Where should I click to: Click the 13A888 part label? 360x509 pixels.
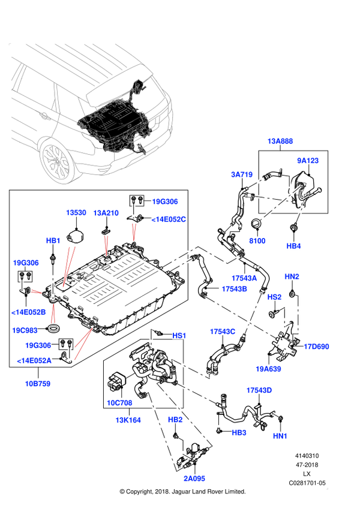[x=280, y=141]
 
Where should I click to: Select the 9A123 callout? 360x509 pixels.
[x=308, y=161]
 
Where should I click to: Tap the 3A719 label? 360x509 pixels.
[x=242, y=174]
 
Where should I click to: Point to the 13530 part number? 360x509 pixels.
[x=77, y=213]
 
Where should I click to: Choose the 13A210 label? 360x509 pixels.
[x=106, y=213]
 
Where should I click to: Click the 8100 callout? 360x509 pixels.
[x=257, y=241]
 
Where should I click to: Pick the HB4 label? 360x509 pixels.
[x=293, y=246]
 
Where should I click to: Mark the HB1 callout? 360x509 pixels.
[x=53, y=241]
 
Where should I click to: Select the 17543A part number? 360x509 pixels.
[x=245, y=278]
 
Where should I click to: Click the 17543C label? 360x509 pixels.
[x=223, y=332]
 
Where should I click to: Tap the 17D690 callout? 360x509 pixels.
[x=316, y=347]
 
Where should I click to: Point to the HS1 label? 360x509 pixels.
[x=179, y=336]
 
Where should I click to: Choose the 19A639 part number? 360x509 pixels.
[x=268, y=369]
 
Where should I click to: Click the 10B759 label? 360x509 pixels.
[x=37, y=383]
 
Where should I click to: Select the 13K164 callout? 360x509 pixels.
[x=128, y=420]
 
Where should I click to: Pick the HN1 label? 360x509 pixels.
[x=280, y=436]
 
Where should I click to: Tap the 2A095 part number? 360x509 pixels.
[x=194, y=478]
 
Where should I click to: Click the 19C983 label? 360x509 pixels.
[x=25, y=330]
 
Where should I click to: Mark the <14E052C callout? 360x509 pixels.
[x=169, y=220]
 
